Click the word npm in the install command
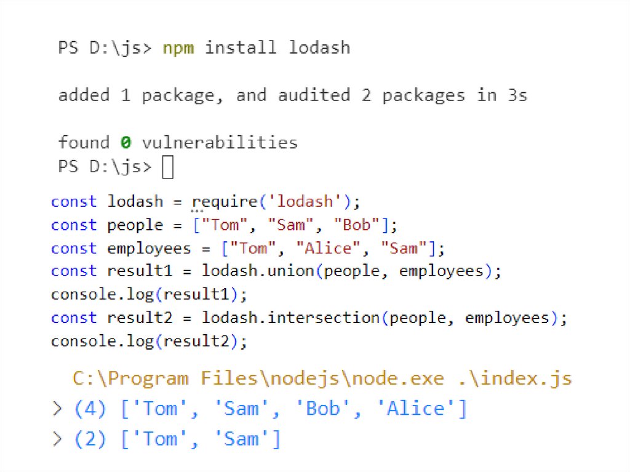[178, 47]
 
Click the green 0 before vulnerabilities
[125, 143]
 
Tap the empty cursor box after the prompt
[167, 167]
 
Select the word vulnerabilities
[220, 143]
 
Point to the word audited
[314, 95]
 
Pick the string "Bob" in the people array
[357, 225]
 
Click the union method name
[292, 271]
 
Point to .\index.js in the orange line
[513, 378]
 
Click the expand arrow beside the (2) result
[58, 439]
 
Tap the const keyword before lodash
[74, 202]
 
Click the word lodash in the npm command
[319, 47]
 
